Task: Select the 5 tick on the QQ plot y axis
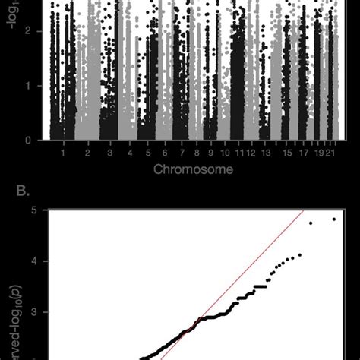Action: [34, 210]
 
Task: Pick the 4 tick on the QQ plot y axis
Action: [34, 261]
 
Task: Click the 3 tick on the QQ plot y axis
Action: [34, 311]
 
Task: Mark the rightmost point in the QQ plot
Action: [333, 219]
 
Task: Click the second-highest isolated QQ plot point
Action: [310, 223]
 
